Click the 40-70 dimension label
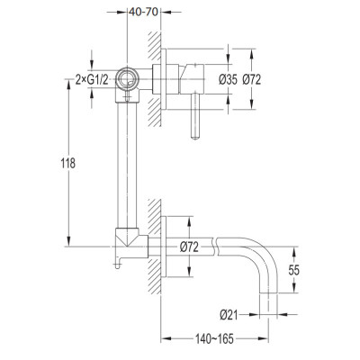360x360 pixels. click(144, 13)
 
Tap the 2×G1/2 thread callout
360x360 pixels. click(92, 80)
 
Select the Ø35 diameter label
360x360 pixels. click(228, 80)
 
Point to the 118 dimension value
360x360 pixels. click(68, 164)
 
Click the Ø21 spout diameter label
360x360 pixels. click(229, 315)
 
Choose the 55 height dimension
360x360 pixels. click(294, 270)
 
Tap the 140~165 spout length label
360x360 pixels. click(214, 339)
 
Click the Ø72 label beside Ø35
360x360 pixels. click(252, 80)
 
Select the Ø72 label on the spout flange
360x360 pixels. click(189, 247)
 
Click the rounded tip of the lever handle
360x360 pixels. click(195, 138)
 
